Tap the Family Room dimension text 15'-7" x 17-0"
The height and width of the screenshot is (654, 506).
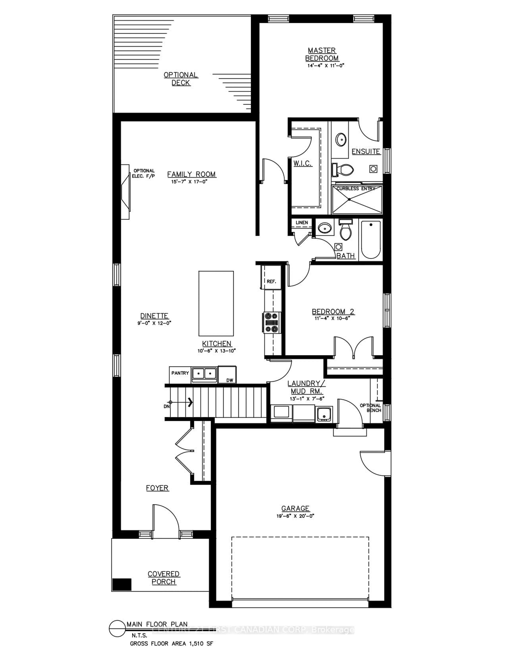(189, 182)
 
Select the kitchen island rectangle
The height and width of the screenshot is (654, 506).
(216, 303)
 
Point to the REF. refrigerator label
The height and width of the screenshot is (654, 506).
(271, 282)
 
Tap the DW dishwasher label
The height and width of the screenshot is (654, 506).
(230, 380)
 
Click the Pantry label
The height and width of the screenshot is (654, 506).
(180, 373)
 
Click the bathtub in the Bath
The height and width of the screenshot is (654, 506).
(371, 240)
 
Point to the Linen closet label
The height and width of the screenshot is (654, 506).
(302, 222)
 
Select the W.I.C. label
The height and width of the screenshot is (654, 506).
(302, 163)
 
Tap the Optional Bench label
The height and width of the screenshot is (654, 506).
(371, 408)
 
